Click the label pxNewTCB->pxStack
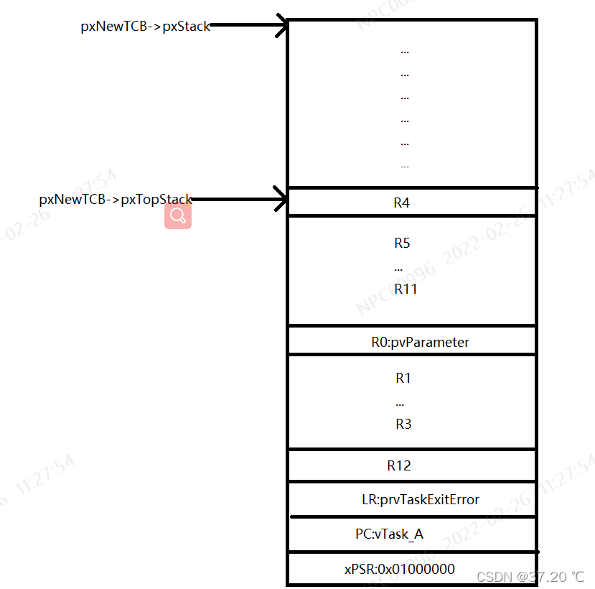tap(145, 27)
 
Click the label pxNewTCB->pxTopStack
tap(116, 200)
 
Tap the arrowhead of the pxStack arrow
tap(281, 27)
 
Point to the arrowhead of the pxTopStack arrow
tap(281, 200)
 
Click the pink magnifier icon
tap(178, 215)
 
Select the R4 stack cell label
tap(402, 203)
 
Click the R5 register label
tap(402, 243)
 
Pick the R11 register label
tap(406, 289)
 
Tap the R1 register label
tap(403, 378)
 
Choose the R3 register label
tap(403, 424)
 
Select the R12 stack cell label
tap(399, 465)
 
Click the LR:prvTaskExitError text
tap(421, 499)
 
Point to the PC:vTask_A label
tap(390, 534)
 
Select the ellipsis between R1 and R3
tap(400, 404)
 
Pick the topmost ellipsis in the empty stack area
tap(405, 52)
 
